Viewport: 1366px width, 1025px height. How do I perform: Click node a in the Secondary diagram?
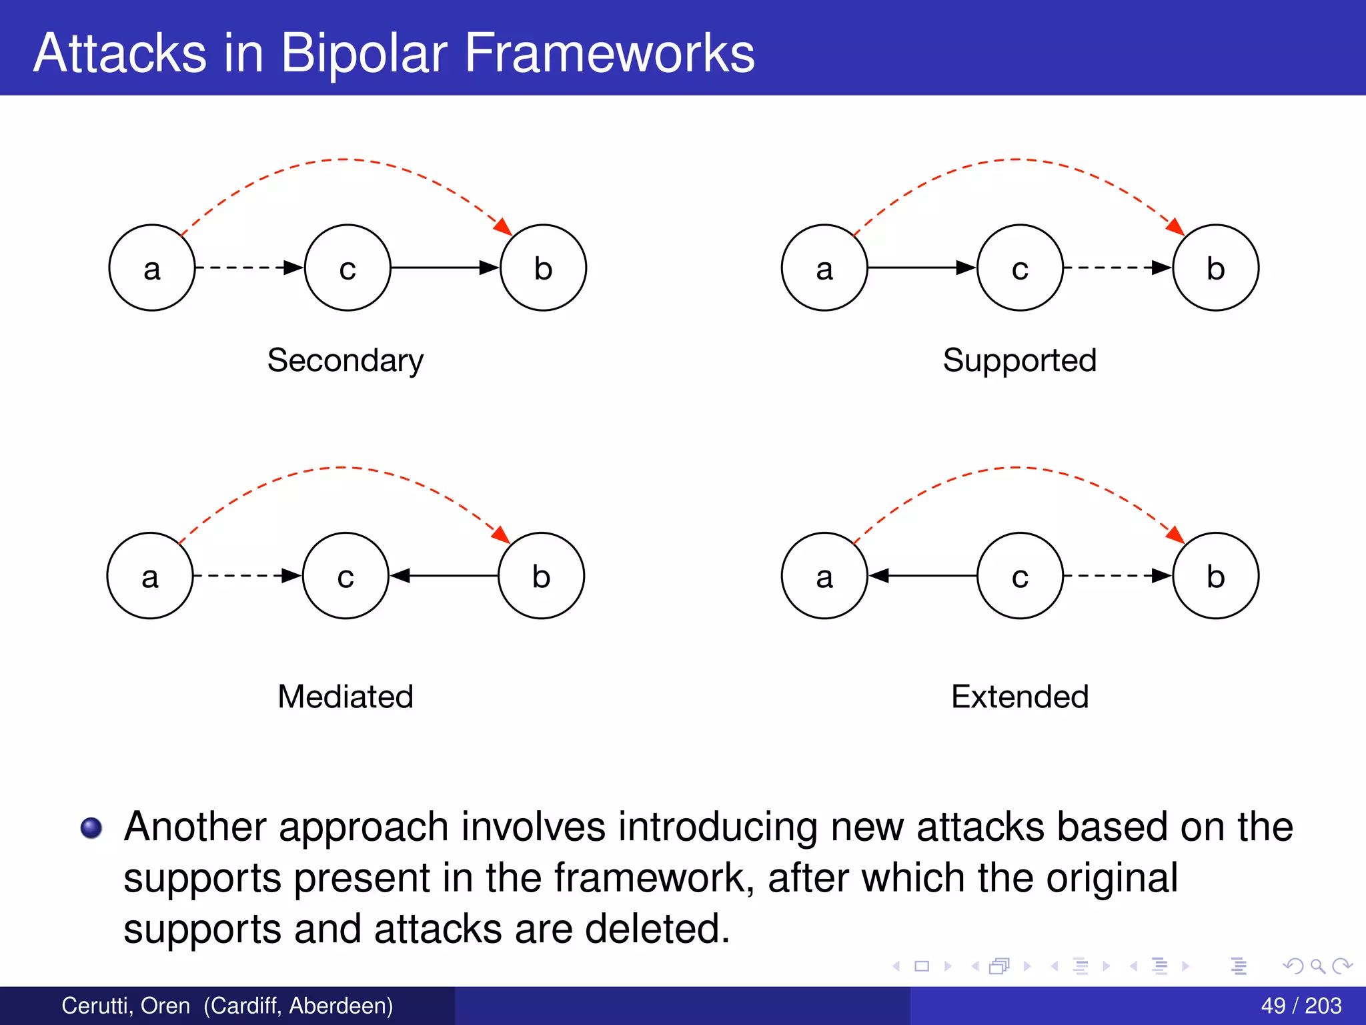[152, 268]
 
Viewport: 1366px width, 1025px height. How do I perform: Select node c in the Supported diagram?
[1020, 268]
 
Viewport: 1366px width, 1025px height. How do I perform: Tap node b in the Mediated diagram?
[541, 575]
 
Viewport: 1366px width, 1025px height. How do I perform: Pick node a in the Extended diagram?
[824, 575]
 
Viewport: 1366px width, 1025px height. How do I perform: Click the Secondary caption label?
[345, 360]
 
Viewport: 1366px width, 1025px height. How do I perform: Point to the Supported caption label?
[1019, 360]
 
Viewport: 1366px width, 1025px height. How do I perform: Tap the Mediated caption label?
[345, 696]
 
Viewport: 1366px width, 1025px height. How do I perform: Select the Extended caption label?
[1019, 696]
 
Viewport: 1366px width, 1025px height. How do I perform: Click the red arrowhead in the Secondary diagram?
[503, 226]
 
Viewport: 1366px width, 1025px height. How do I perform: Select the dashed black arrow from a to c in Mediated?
[247, 575]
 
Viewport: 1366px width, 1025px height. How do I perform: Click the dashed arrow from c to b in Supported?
[1117, 268]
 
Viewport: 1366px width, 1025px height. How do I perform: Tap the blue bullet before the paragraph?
[91, 827]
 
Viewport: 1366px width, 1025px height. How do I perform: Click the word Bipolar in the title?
[364, 53]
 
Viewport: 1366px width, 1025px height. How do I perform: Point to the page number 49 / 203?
[1301, 1005]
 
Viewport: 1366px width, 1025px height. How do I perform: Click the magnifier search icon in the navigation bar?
[1317, 966]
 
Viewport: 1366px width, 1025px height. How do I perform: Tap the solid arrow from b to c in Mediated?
[446, 575]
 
